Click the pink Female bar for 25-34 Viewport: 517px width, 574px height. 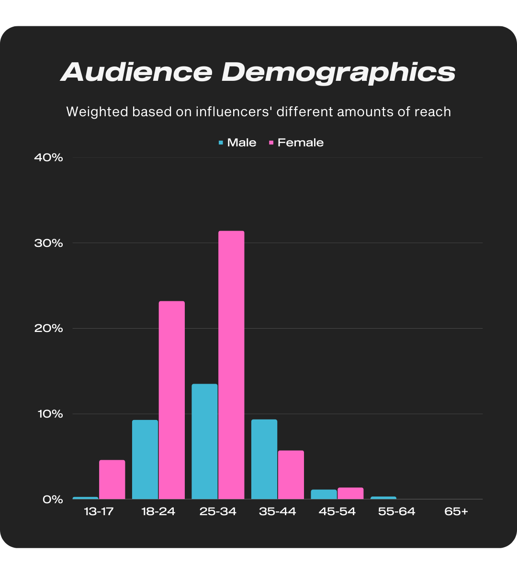pyautogui.click(x=231, y=365)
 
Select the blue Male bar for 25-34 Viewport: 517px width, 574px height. pyautogui.click(x=204, y=442)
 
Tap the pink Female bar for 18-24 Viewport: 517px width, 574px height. pyautogui.click(x=172, y=400)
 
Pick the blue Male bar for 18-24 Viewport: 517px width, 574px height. pyautogui.click(x=145, y=459)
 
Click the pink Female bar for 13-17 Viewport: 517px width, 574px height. pyautogui.click(x=112, y=479)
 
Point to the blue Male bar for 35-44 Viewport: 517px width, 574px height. pyautogui.click(x=264, y=459)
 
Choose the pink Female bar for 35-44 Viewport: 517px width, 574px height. pyautogui.click(x=291, y=475)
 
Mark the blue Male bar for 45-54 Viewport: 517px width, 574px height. pyautogui.click(x=324, y=494)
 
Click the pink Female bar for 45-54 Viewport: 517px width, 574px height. pyautogui.click(x=350, y=493)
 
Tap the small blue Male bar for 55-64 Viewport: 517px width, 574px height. pyautogui.click(x=383, y=497)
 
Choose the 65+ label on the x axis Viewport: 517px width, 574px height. pyautogui.click(x=456, y=511)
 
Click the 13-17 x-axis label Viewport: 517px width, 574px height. pyautogui.click(x=99, y=511)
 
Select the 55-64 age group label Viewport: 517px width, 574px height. pyautogui.click(x=396, y=511)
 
